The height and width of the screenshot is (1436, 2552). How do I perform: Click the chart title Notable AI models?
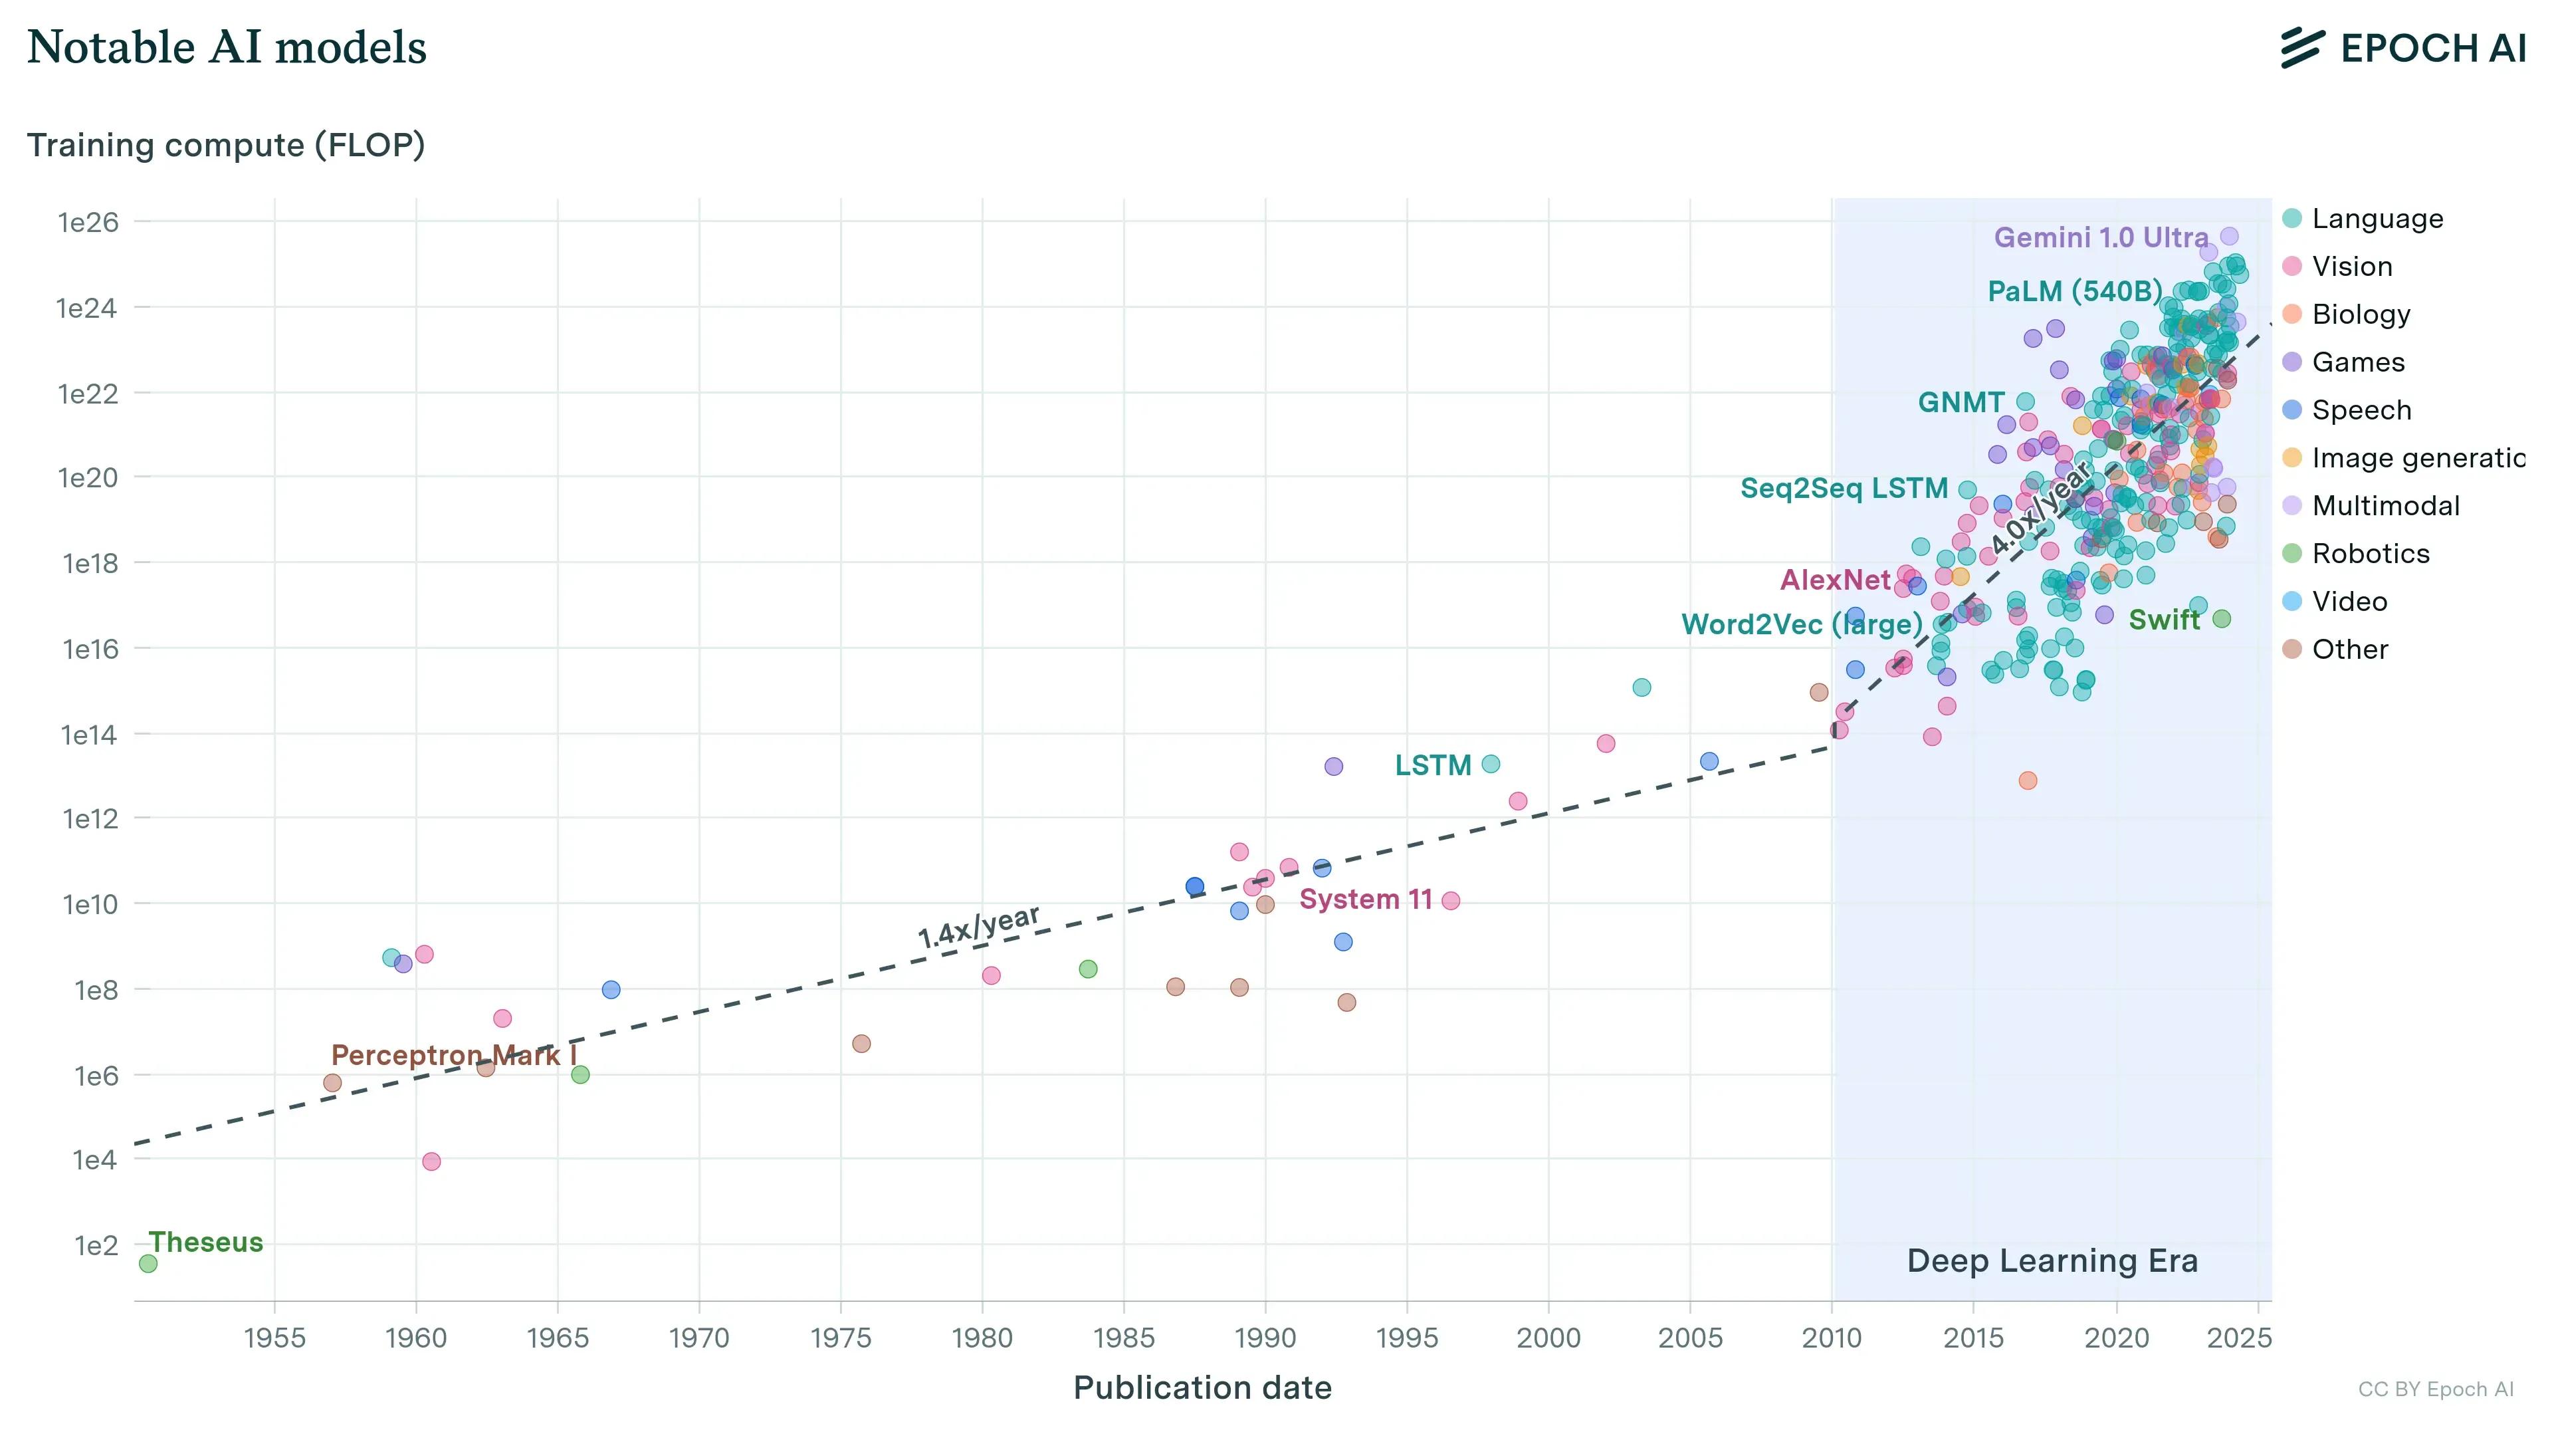(x=227, y=48)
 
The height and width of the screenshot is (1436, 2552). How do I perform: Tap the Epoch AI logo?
(x=2403, y=49)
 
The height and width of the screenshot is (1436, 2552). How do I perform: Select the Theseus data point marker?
(x=148, y=1264)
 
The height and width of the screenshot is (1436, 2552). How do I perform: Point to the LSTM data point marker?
(x=1491, y=764)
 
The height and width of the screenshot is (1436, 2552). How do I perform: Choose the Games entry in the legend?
(x=2358, y=363)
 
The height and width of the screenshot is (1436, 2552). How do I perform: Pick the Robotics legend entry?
(x=2370, y=554)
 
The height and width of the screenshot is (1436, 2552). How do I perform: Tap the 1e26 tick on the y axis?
(x=88, y=222)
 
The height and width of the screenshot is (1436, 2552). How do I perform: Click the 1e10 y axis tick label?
(x=89, y=905)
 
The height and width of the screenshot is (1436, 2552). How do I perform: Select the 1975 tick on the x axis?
(x=840, y=1338)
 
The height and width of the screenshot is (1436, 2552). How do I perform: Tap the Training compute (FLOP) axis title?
(x=226, y=146)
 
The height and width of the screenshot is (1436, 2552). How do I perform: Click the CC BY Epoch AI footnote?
(x=2435, y=1389)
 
